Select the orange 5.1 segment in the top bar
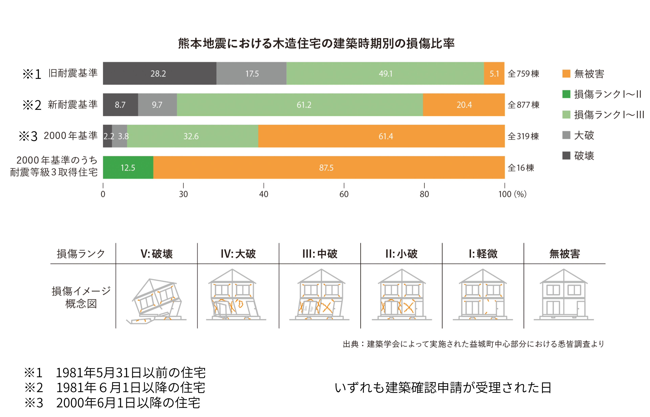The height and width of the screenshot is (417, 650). point(494,73)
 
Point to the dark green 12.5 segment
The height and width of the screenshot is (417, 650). point(128,168)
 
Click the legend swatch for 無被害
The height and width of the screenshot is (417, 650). point(566,74)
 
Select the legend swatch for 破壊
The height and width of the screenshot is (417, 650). point(566,156)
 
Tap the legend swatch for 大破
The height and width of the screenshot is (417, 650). point(566,135)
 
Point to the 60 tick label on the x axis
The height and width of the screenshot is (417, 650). point(344,194)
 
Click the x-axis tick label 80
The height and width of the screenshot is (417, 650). point(424,194)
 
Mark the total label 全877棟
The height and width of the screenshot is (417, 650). point(523,105)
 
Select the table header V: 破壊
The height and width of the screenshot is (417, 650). point(157,254)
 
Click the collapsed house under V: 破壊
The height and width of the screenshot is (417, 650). point(157,301)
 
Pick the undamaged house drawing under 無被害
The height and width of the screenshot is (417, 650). point(564,295)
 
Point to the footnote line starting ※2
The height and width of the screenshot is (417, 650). point(115,388)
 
